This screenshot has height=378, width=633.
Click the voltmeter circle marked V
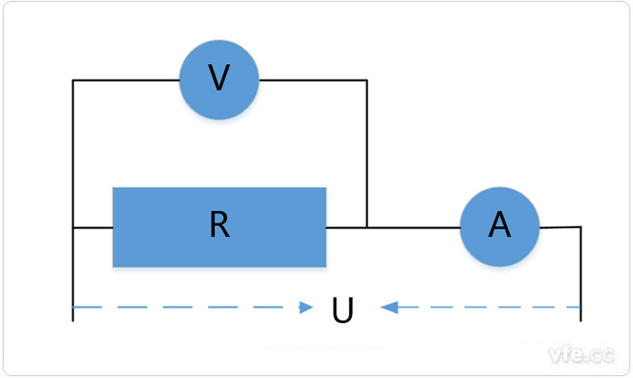[219, 80]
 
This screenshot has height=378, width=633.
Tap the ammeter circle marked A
[499, 226]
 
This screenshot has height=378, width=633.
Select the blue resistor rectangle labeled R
[219, 226]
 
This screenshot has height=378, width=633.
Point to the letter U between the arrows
[342, 309]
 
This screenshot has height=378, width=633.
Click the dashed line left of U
[181, 307]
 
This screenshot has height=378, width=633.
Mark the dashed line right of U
[488, 307]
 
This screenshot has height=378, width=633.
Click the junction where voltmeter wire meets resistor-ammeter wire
[366, 226]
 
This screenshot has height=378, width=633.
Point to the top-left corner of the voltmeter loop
[72, 80]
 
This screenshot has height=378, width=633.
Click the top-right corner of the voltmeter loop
[366, 80]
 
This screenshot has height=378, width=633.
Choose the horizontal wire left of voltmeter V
[127, 80]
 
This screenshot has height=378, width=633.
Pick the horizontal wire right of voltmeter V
[312, 80]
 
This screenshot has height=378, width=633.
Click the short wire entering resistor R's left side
[92, 226]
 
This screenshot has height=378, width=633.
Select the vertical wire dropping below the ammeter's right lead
[580, 271]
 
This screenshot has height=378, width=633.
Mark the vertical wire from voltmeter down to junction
[366, 154]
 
